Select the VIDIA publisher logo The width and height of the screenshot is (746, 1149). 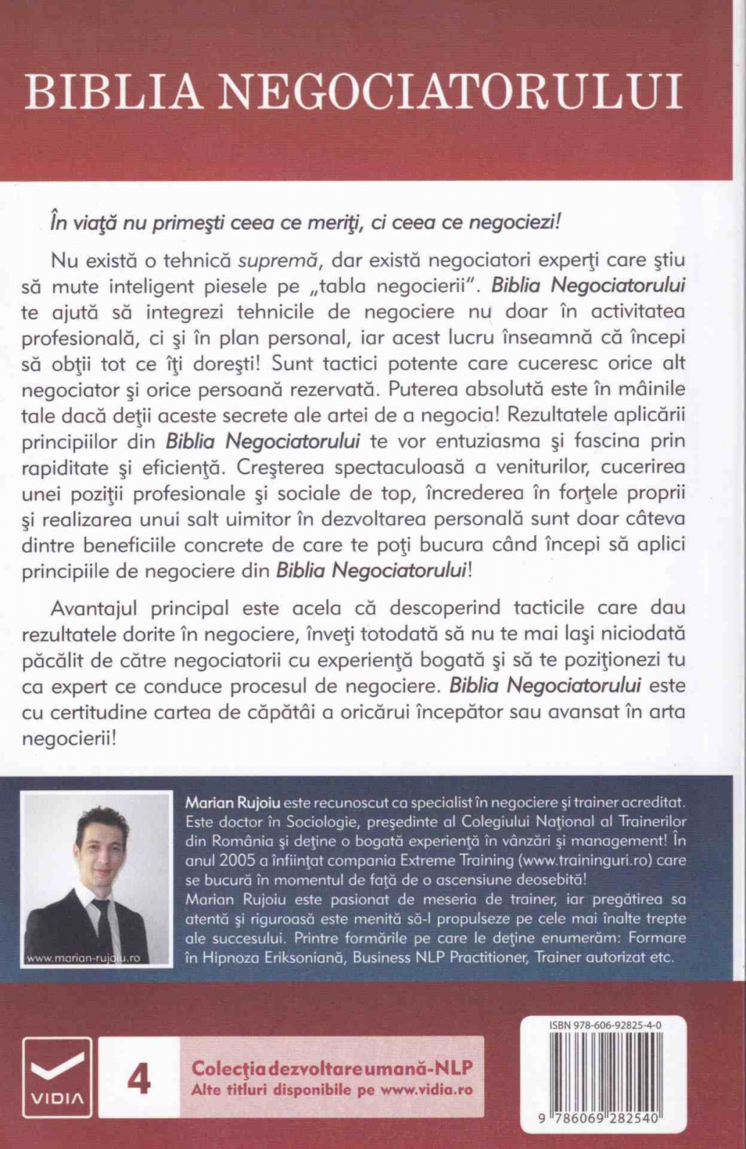pos(57,1077)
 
